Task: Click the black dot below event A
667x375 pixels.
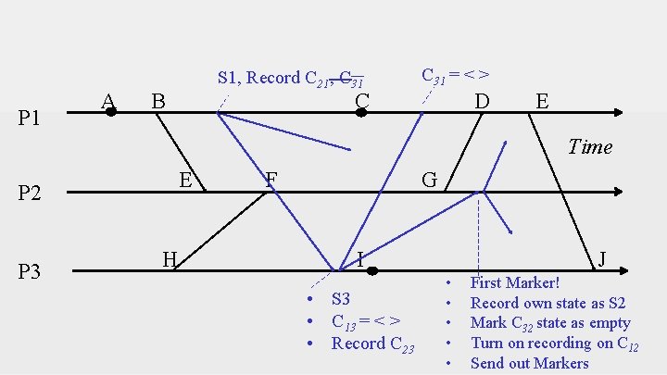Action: tap(110, 112)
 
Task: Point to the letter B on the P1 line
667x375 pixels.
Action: tap(158, 99)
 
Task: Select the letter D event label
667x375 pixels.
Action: tap(482, 99)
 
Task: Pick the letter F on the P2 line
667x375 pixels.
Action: tap(271, 178)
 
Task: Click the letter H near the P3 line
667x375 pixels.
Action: tap(170, 259)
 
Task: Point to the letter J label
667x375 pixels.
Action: tap(602, 259)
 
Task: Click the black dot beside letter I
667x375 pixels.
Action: tap(371, 271)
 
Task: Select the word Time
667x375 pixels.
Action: tap(590, 146)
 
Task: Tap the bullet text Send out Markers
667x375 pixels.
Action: tap(529, 363)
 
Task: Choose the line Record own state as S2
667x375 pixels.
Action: tap(547, 303)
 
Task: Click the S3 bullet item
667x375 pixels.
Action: tap(341, 299)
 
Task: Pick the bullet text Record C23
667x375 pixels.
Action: tap(372, 344)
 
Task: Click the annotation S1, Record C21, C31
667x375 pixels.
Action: tap(290, 78)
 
